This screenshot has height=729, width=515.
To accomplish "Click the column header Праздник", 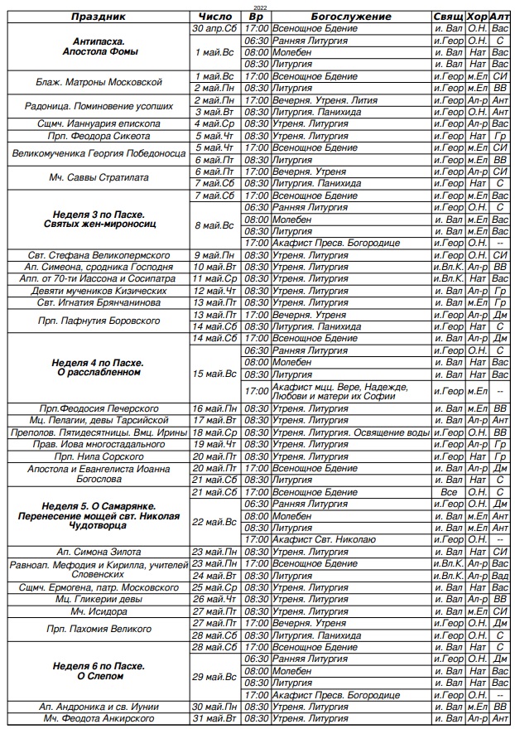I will (x=98, y=17).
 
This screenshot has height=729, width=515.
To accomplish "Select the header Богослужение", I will (x=351, y=17).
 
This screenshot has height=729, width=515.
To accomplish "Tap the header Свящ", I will (x=448, y=17).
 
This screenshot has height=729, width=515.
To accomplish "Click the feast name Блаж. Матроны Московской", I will (x=99, y=82).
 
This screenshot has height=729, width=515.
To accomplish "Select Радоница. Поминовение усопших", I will (x=99, y=106).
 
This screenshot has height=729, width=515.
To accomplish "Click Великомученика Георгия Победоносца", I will (x=99, y=153).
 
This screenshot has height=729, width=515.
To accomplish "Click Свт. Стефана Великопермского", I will (x=99, y=255).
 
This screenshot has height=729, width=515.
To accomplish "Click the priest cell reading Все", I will (x=448, y=492).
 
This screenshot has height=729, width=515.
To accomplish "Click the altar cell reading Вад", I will (x=499, y=576).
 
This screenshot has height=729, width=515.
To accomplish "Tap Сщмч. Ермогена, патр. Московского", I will (x=99, y=587).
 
